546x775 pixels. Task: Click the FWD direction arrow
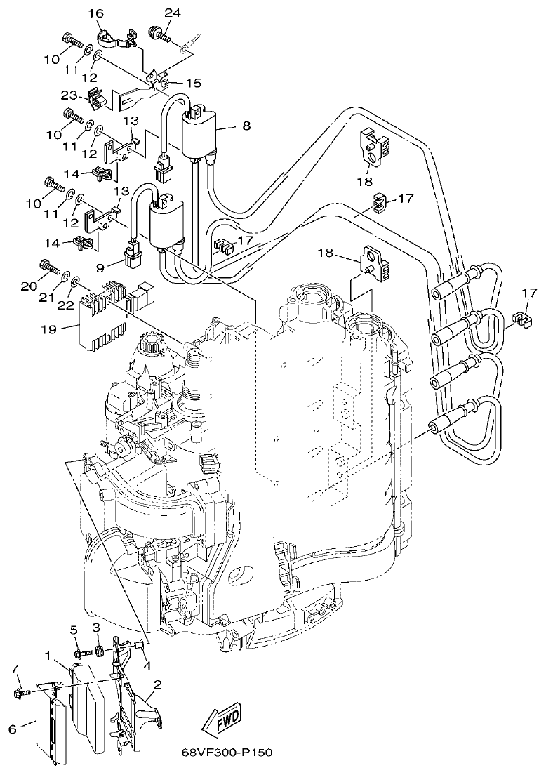tap(222, 719)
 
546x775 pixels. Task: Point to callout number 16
tap(95, 13)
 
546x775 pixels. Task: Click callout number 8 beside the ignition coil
tap(245, 126)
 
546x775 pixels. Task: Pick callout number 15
tap(194, 83)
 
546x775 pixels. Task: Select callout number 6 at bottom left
tap(12, 729)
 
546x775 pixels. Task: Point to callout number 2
tap(159, 684)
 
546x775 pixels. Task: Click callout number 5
tap(74, 630)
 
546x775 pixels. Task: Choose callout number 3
tap(98, 627)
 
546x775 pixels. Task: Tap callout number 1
tap(48, 656)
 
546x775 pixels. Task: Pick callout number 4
tap(146, 665)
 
